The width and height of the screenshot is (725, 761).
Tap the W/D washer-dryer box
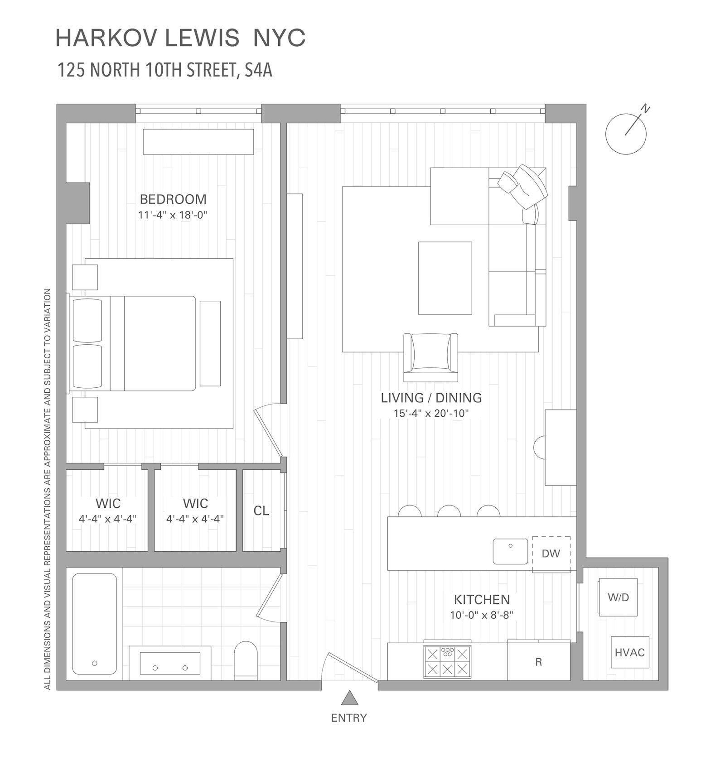(x=618, y=597)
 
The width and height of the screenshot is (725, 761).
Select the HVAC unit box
(x=629, y=652)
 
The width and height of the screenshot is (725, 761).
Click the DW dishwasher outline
(x=551, y=554)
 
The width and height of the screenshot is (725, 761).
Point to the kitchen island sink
(x=510, y=551)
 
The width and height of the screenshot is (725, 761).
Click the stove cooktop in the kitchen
(x=447, y=661)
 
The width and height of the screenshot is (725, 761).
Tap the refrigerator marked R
(x=538, y=662)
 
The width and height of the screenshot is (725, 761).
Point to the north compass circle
(x=626, y=134)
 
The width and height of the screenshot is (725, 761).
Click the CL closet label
(x=261, y=511)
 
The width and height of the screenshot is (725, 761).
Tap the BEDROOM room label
(x=173, y=199)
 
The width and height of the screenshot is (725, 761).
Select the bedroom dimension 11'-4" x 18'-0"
(x=173, y=215)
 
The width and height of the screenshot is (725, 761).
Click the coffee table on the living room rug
(x=445, y=278)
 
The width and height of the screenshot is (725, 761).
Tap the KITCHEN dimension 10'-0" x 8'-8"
(x=481, y=615)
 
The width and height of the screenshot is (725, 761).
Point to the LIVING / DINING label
(x=431, y=398)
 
